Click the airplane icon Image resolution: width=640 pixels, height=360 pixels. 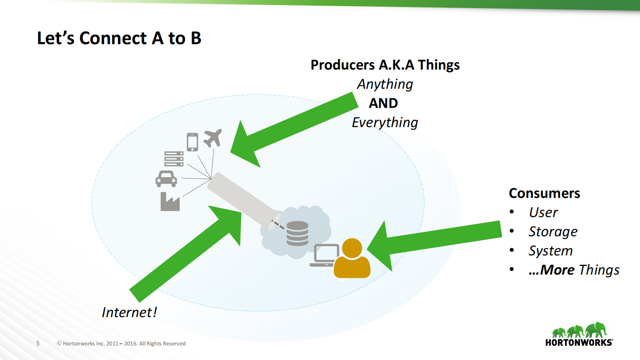pyautogui.click(x=212, y=138)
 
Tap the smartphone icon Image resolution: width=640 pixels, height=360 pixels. pyautogui.click(x=192, y=142)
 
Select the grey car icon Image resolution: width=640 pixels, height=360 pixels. pyautogui.click(x=166, y=179)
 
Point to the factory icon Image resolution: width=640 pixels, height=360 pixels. pyautogui.click(x=170, y=202)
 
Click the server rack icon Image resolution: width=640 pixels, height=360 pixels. pyautogui.click(x=174, y=159)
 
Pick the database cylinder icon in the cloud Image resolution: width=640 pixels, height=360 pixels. pyautogui.click(x=297, y=233)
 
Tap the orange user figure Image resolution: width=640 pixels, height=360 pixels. pyautogui.click(x=352, y=259)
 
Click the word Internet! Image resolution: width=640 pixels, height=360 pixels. pyautogui.click(x=129, y=312)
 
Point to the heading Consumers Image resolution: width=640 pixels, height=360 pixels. pyautogui.click(x=544, y=193)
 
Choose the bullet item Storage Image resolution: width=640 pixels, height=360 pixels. pyautogui.click(x=553, y=232)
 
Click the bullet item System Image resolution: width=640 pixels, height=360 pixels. pyautogui.click(x=550, y=251)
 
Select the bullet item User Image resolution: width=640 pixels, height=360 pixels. pyautogui.click(x=543, y=212)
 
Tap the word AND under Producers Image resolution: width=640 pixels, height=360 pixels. pyautogui.click(x=383, y=103)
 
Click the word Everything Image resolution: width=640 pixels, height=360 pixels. pyautogui.click(x=385, y=122)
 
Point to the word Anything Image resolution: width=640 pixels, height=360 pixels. pyautogui.click(x=385, y=84)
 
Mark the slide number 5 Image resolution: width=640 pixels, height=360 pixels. pyautogui.click(x=38, y=343)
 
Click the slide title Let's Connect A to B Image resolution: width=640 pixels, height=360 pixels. pyautogui.click(x=119, y=38)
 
